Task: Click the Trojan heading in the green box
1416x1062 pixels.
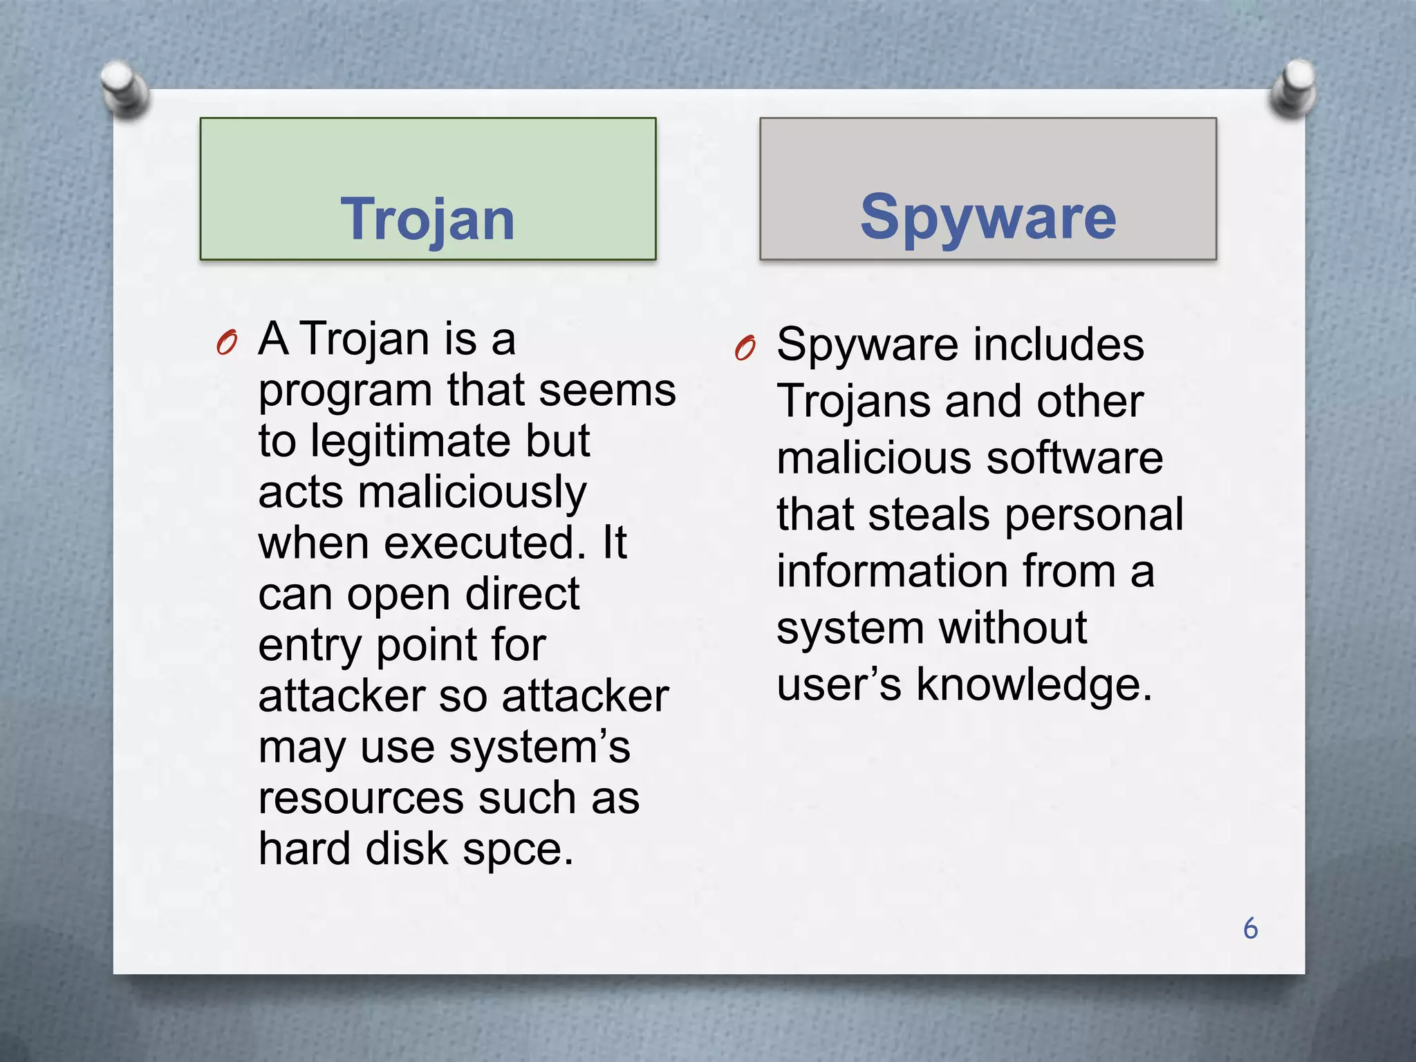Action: (427, 220)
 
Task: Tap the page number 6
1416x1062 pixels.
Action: (1250, 929)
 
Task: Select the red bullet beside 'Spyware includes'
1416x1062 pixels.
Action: (745, 348)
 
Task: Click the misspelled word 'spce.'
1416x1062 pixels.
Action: (518, 850)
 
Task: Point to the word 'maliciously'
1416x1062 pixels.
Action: (472, 492)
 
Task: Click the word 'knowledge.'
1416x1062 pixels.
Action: (1034, 685)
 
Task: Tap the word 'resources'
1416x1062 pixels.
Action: (360, 798)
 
